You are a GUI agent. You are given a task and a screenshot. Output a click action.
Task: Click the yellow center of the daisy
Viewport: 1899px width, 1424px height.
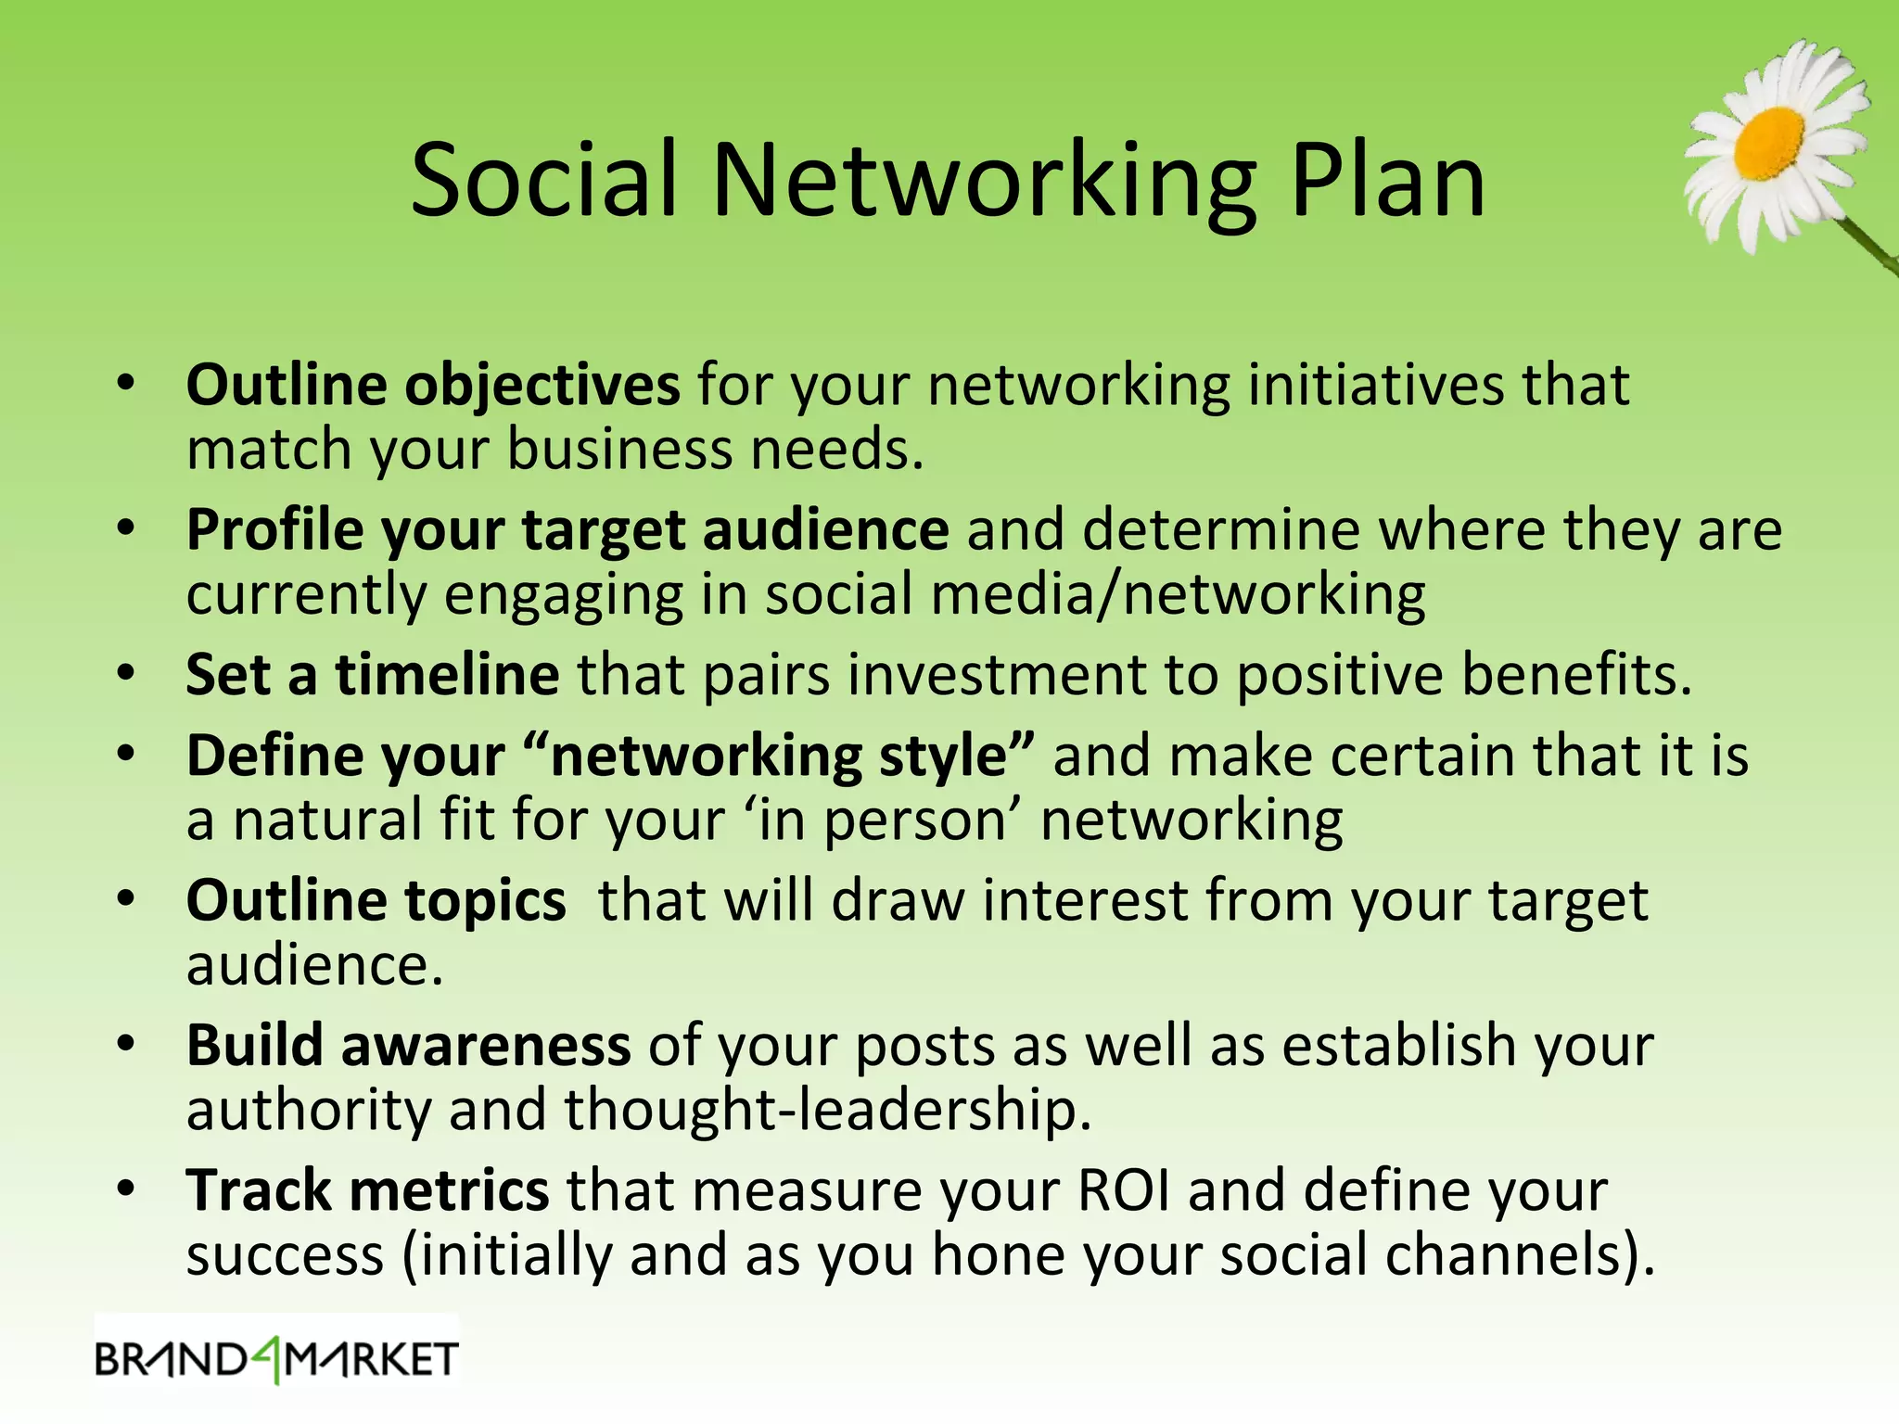tap(1769, 144)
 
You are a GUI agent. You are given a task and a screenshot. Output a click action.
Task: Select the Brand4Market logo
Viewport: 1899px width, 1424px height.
tap(276, 1360)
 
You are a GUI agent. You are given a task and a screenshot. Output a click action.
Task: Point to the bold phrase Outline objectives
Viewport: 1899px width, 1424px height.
tap(433, 385)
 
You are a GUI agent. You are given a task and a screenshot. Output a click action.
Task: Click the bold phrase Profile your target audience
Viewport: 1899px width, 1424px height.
tap(567, 530)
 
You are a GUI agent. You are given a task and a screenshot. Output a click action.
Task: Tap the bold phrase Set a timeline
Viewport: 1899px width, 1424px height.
tap(372, 674)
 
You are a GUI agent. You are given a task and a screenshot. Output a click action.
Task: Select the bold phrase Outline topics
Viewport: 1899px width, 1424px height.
tap(376, 900)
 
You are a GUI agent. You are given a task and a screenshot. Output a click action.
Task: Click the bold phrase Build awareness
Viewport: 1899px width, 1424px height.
tap(408, 1046)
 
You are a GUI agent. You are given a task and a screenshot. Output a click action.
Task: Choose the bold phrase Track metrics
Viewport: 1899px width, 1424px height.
tap(367, 1190)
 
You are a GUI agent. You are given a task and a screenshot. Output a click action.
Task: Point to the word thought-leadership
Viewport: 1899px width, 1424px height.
tap(827, 1110)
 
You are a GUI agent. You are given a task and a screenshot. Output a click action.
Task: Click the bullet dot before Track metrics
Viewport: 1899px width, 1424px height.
tap(127, 1189)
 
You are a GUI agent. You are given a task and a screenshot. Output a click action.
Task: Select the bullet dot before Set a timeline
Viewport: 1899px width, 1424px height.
tap(127, 672)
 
